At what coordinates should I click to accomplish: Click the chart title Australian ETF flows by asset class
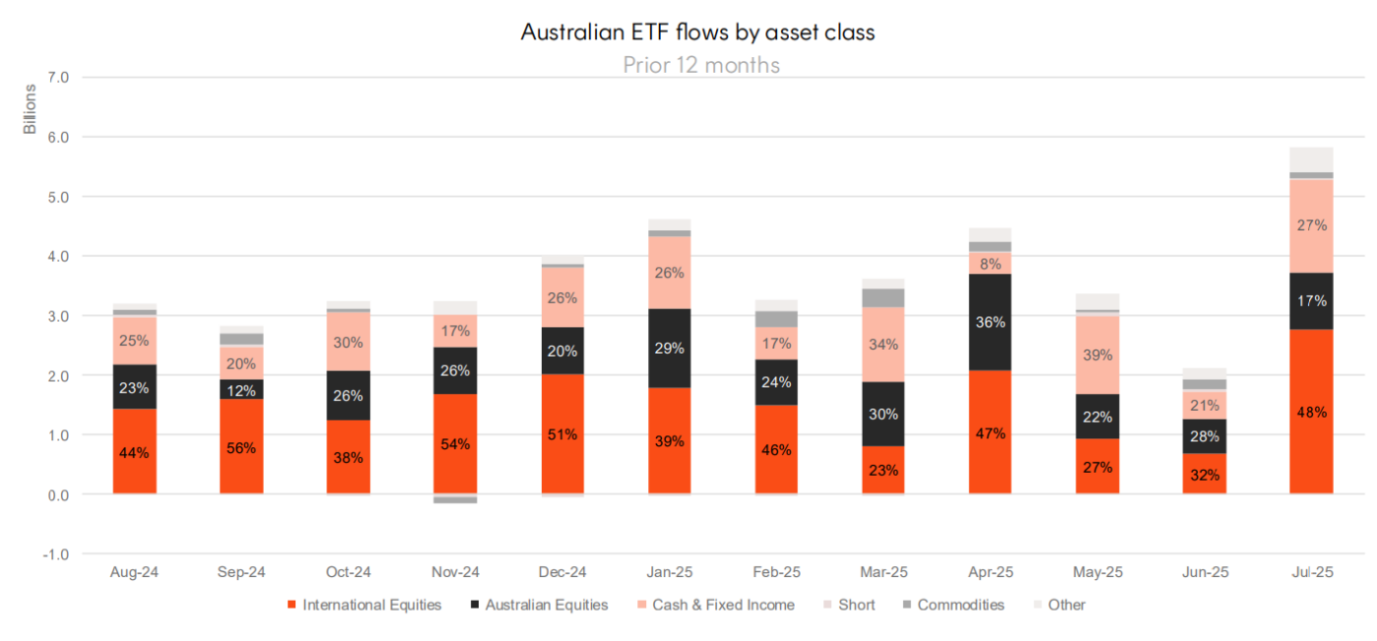[697, 32]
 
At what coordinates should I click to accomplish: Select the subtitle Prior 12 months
[701, 65]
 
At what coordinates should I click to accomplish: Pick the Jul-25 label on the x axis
[1311, 572]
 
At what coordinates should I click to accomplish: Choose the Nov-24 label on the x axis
[455, 572]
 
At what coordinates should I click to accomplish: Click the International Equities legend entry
[364, 605]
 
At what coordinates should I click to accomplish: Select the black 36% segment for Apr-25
[989, 321]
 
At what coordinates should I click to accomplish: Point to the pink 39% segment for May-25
[1097, 355]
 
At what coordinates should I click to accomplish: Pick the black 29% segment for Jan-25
[669, 348]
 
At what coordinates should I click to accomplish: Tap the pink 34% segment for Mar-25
[883, 344]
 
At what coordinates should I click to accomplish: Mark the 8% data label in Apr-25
[989, 263]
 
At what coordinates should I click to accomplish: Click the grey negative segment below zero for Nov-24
[455, 499]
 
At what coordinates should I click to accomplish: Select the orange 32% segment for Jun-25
[1204, 474]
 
